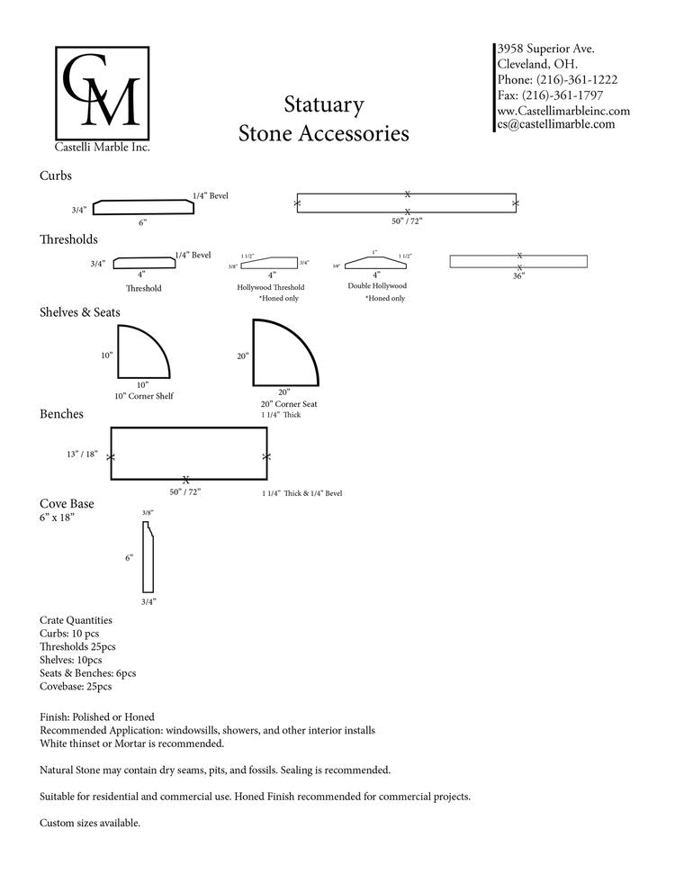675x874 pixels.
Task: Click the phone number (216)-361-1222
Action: click(x=576, y=79)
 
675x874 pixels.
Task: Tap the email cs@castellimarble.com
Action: click(x=557, y=124)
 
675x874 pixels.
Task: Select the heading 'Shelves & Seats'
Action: click(x=80, y=312)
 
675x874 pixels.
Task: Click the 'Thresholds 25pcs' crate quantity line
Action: click(x=77, y=646)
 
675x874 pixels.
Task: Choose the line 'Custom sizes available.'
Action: click(x=90, y=823)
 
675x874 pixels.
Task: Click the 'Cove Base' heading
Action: click(x=67, y=504)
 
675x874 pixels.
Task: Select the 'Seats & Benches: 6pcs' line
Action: click(x=88, y=672)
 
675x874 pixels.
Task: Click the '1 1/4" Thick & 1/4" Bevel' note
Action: click(x=301, y=493)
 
